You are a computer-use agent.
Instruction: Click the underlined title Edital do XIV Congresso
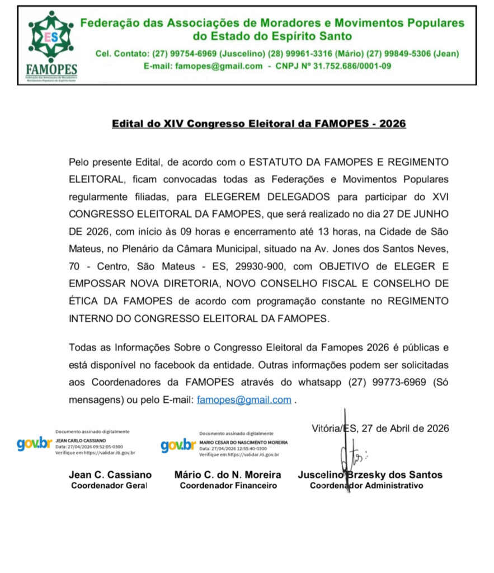coord(258,124)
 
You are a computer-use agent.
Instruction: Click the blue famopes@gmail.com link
coord(244,400)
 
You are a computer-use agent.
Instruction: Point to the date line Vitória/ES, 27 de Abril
coord(380,429)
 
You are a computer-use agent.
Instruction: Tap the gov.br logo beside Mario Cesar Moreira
coord(178,446)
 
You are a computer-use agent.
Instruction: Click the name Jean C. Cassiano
coord(110,475)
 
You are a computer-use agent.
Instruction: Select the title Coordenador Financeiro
coord(228,486)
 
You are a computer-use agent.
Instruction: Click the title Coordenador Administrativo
coord(366,486)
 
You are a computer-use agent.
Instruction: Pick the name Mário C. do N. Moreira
coord(228,475)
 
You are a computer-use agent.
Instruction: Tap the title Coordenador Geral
coord(109,486)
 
